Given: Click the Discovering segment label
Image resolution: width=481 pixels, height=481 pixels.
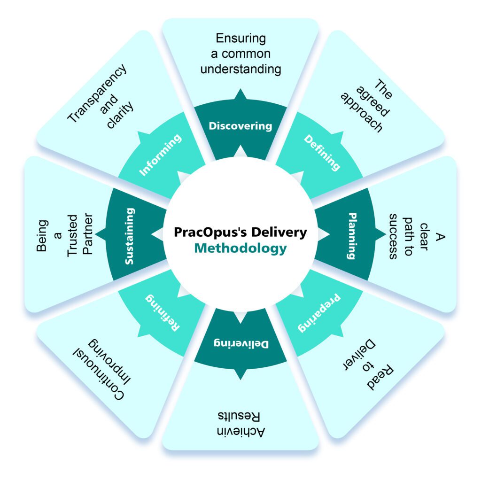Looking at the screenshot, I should tap(240, 126).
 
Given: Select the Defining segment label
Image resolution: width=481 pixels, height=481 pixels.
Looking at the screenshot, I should tap(322, 153).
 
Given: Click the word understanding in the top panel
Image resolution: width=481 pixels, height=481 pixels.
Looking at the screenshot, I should tap(240, 70).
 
